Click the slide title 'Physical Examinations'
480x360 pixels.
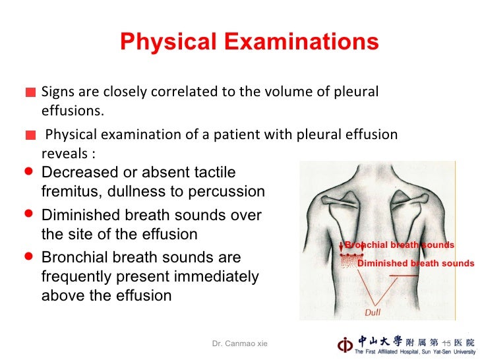coord(249,42)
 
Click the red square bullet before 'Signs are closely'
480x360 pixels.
coord(30,92)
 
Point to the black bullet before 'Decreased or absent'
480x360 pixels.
coord(28,170)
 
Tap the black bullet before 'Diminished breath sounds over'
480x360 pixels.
coord(28,214)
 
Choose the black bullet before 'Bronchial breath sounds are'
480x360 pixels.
coord(28,256)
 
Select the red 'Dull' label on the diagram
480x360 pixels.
coord(373,311)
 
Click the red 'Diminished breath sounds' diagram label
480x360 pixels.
coord(415,264)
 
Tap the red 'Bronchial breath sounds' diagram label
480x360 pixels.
coord(399,245)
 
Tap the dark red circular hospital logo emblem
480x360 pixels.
coord(345,344)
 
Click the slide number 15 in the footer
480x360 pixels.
coord(446,344)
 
